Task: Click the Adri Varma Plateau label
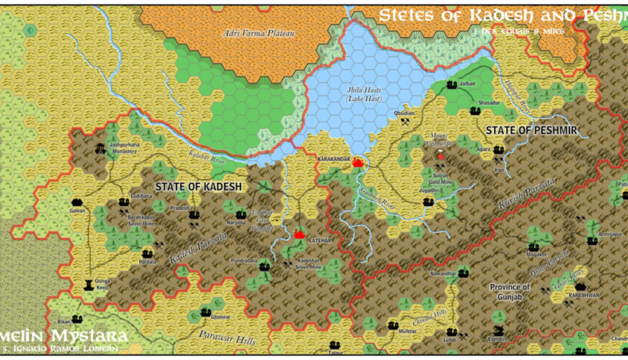click(259, 34)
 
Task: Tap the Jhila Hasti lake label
click(364, 94)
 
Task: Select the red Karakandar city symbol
click(357, 161)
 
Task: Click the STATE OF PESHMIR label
click(531, 130)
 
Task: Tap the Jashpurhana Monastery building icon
click(100, 148)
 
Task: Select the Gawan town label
click(77, 211)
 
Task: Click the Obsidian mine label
click(404, 113)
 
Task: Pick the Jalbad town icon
click(452, 84)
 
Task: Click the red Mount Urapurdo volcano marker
click(441, 156)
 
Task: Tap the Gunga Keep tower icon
click(88, 283)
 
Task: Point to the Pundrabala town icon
click(264, 266)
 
